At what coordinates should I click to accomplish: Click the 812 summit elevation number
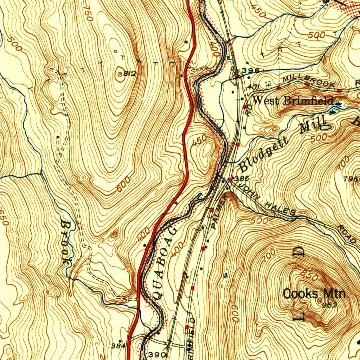[130, 74]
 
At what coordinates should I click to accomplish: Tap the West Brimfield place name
[293, 101]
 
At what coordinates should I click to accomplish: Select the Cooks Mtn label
[314, 294]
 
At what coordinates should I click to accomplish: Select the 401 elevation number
[253, 86]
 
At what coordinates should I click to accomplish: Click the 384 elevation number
[118, 345]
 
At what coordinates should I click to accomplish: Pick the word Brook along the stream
[66, 242]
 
